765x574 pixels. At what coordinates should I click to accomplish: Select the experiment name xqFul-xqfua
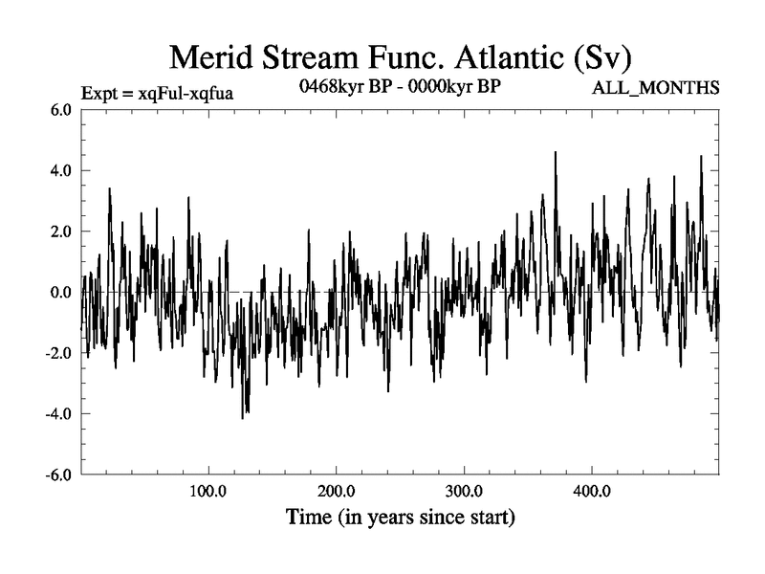(186, 92)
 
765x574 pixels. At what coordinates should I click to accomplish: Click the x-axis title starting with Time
(401, 518)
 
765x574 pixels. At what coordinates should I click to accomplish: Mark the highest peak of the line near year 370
(555, 152)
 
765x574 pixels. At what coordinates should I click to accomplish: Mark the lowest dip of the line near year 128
(243, 418)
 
